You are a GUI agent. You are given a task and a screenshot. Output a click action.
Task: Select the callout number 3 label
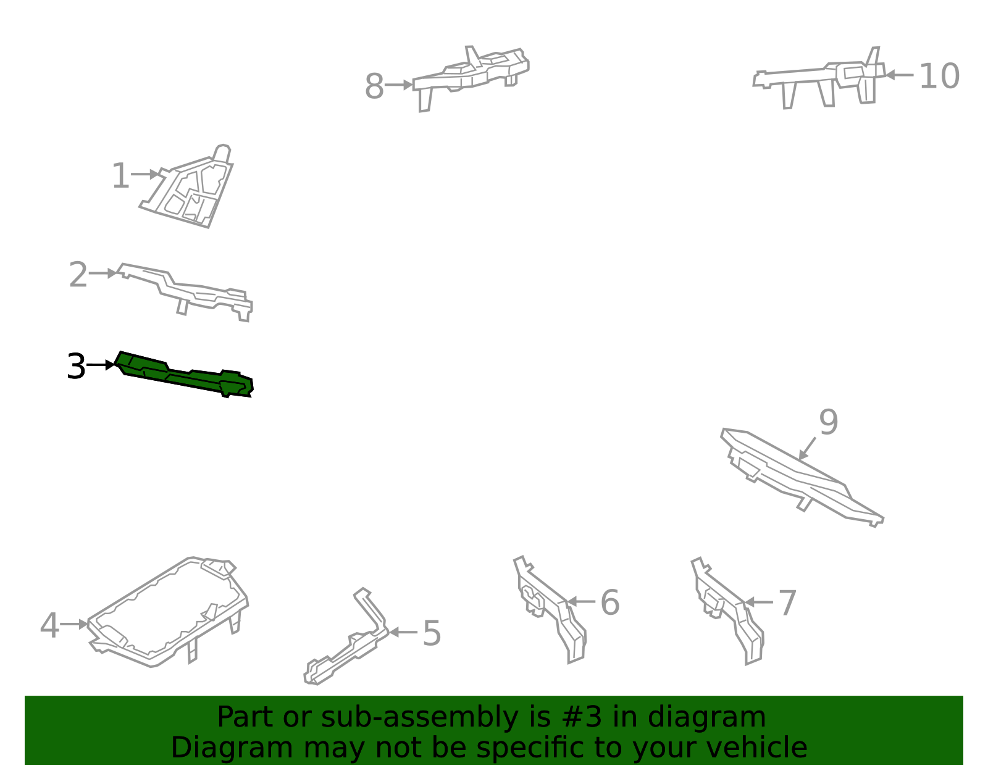coord(76,366)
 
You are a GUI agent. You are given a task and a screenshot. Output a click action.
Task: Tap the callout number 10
coord(939,76)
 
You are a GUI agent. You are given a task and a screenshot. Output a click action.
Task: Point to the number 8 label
coord(374,86)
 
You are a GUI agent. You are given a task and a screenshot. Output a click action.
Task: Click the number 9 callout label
coord(829,422)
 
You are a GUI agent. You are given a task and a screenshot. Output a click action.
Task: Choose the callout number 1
coord(121,175)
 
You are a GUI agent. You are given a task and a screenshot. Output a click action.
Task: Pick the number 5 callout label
coord(432,633)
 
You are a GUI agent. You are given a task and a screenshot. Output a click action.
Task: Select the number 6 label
coord(609,602)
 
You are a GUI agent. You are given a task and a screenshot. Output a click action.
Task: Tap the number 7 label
coord(788,603)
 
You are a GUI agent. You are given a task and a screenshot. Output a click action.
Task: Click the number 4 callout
coord(49,625)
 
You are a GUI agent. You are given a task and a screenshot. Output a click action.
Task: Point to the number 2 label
coord(78,275)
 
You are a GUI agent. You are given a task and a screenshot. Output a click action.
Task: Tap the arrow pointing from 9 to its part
coord(808,448)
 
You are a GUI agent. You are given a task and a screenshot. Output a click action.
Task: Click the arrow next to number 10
coord(899,75)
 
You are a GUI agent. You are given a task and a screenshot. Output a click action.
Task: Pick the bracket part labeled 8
coord(471,77)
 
